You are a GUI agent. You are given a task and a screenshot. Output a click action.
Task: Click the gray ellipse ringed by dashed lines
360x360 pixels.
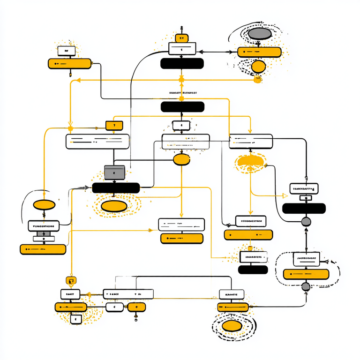(x=259, y=34)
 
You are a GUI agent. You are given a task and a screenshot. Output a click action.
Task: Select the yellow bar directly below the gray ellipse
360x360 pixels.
(x=259, y=52)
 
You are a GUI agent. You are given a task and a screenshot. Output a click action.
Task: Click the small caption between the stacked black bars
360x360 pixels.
(x=182, y=93)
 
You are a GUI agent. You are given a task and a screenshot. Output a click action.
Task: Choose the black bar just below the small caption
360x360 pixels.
(x=182, y=107)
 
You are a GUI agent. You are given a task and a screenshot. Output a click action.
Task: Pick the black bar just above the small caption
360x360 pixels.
(x=182, y=63)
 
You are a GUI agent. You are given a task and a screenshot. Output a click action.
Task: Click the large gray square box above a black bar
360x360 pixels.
(x=114, y=172)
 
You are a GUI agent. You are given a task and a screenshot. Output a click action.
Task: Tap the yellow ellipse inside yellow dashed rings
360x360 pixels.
(x=114, y=206)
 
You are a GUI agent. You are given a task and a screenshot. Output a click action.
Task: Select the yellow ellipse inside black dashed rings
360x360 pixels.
(x=232, y=326)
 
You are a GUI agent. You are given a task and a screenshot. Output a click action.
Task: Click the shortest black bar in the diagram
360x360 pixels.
(x=253, y=270)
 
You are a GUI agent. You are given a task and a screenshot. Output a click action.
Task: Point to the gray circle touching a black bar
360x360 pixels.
(x=306, y=221)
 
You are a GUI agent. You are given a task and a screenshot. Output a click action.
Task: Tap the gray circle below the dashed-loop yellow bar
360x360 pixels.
(x=306, y=286)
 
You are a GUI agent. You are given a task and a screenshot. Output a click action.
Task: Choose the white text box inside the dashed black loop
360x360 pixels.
(x=307, y=258)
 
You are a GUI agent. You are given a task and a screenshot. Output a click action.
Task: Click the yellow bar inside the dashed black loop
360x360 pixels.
(x=306, y=274)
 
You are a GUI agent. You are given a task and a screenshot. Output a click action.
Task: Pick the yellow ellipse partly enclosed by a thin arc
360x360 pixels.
(x=45, y=205)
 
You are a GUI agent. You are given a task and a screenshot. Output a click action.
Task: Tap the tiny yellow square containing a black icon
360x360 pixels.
(x=71, y=281)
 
